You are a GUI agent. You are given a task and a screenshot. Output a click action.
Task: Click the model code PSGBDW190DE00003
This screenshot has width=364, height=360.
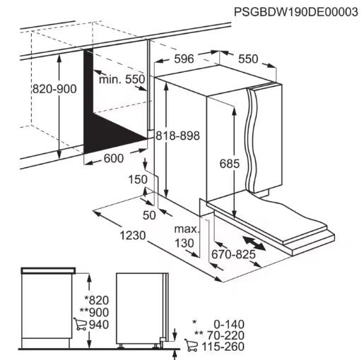tap(296, 12)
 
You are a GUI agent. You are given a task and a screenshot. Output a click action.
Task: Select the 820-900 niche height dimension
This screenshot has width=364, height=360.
tap(54, 89)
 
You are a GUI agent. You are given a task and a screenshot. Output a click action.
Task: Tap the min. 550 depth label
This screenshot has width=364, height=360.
tap(122, 79)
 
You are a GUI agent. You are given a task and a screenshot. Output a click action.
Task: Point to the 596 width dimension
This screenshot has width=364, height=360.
tap(184, 59)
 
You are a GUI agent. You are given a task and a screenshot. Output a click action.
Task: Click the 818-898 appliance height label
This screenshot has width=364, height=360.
tap(177, 136)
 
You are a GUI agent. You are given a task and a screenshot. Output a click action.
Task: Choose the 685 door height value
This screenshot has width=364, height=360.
tap(230, 164)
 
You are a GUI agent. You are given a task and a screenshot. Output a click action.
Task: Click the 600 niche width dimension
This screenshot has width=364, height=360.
tap(114, 158)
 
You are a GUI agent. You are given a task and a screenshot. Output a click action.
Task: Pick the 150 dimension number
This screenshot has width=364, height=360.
tap(138, 179)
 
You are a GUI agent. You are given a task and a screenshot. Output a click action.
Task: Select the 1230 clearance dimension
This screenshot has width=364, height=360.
tap(133, 235)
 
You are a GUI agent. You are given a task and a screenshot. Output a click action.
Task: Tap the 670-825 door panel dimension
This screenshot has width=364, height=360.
tap(233, 254)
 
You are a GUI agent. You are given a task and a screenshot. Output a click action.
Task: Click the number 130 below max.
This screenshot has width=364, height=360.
tap(184, 243)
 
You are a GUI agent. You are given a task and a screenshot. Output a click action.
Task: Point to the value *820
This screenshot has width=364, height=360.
tap(97, 300)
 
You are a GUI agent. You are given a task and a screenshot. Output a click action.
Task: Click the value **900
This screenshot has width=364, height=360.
tap(94, 313)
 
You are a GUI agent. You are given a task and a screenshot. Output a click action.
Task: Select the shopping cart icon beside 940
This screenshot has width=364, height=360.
tap(80, 324)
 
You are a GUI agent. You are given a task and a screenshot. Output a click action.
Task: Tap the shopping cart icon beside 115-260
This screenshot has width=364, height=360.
tap(191, 345)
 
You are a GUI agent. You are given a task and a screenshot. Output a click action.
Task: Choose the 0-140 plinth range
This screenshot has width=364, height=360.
tap(229, 325)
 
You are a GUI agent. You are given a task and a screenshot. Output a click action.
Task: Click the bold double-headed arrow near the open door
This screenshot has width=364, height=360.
tap(254, 244)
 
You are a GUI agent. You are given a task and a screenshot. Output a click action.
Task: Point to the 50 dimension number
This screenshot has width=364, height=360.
tap(149, 215)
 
